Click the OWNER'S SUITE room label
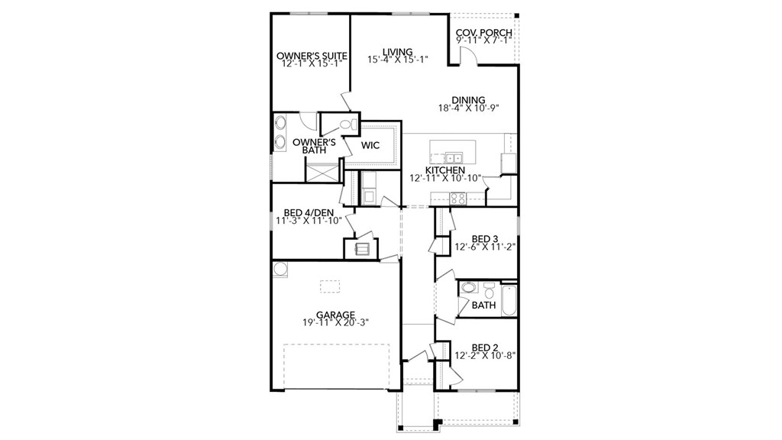312,56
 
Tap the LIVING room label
397,51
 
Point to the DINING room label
468,99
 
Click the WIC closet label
370,144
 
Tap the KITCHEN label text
444,170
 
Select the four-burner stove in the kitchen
458,197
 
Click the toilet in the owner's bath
346,124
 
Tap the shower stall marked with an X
321,170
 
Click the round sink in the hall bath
470,288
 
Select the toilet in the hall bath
488,290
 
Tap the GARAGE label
335,314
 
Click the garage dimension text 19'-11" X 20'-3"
335,322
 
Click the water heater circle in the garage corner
280,267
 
